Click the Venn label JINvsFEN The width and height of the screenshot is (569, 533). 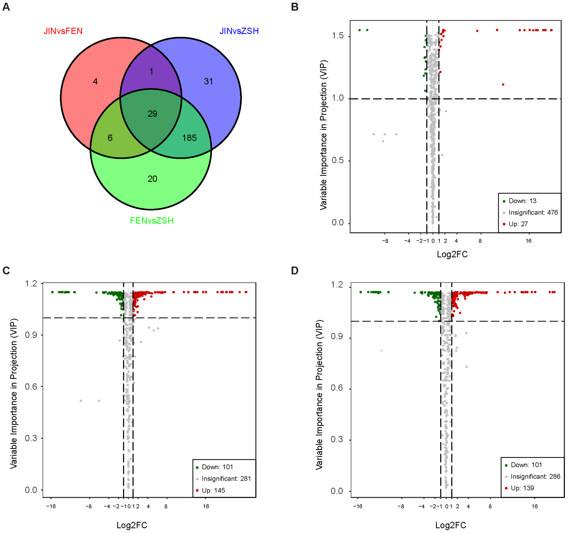tap(63, 31)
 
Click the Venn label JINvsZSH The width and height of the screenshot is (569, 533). tap(239, 31)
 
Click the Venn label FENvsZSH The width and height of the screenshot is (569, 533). tap(152, 221)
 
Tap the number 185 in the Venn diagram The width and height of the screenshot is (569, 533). tap(189, 138)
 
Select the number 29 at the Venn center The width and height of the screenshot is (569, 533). tap(152, 114)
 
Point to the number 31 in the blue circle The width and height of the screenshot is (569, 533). tap(208, 81)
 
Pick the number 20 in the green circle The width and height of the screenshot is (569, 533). tap(152, 179)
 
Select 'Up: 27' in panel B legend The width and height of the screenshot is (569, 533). tap(518, 224)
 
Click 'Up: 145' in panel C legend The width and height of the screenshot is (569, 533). tap(213, 490)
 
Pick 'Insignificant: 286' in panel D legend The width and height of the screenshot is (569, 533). tap(535, 476)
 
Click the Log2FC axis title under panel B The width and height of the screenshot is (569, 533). tap(452, 254)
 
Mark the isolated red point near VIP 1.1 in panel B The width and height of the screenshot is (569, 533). tap(503, 84)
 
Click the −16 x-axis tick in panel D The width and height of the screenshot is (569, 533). tap(357, 506)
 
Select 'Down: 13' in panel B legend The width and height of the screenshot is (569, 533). tap(522, 201)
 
